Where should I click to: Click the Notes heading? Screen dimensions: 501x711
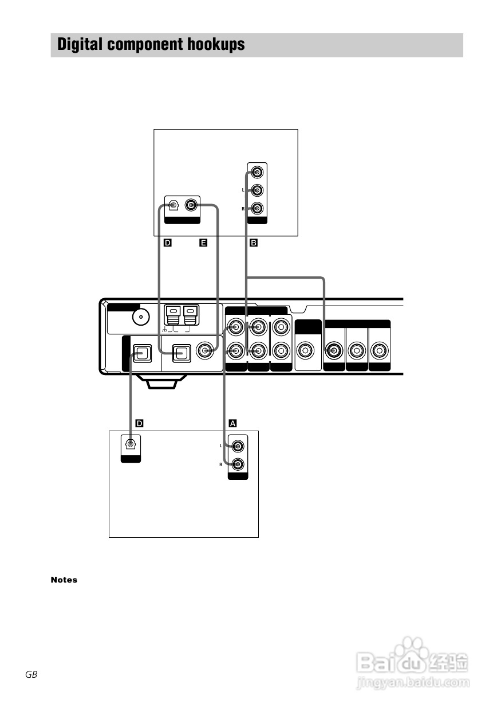[x=64, y=580]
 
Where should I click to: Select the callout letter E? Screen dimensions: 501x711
[x=203, y=243]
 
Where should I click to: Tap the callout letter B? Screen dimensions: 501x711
[x=254, y=243]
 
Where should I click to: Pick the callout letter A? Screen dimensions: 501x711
[x=232, y=423]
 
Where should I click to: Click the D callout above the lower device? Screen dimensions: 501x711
[x=140, y=423]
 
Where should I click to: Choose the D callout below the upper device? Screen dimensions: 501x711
[x=168, y=243]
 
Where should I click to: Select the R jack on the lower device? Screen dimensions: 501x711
[x=238, y=464]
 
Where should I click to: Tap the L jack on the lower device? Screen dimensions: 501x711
[x=238, y=446]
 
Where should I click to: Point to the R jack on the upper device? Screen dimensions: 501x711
[x=257, y=209]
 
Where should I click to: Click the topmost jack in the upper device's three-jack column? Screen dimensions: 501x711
[x=257, y=173]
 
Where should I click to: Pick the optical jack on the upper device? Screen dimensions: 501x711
[x=173, y=205]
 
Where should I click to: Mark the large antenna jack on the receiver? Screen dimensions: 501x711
[x=141, y=317]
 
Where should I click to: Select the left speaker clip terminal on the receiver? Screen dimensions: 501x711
[x=173, y=315]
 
